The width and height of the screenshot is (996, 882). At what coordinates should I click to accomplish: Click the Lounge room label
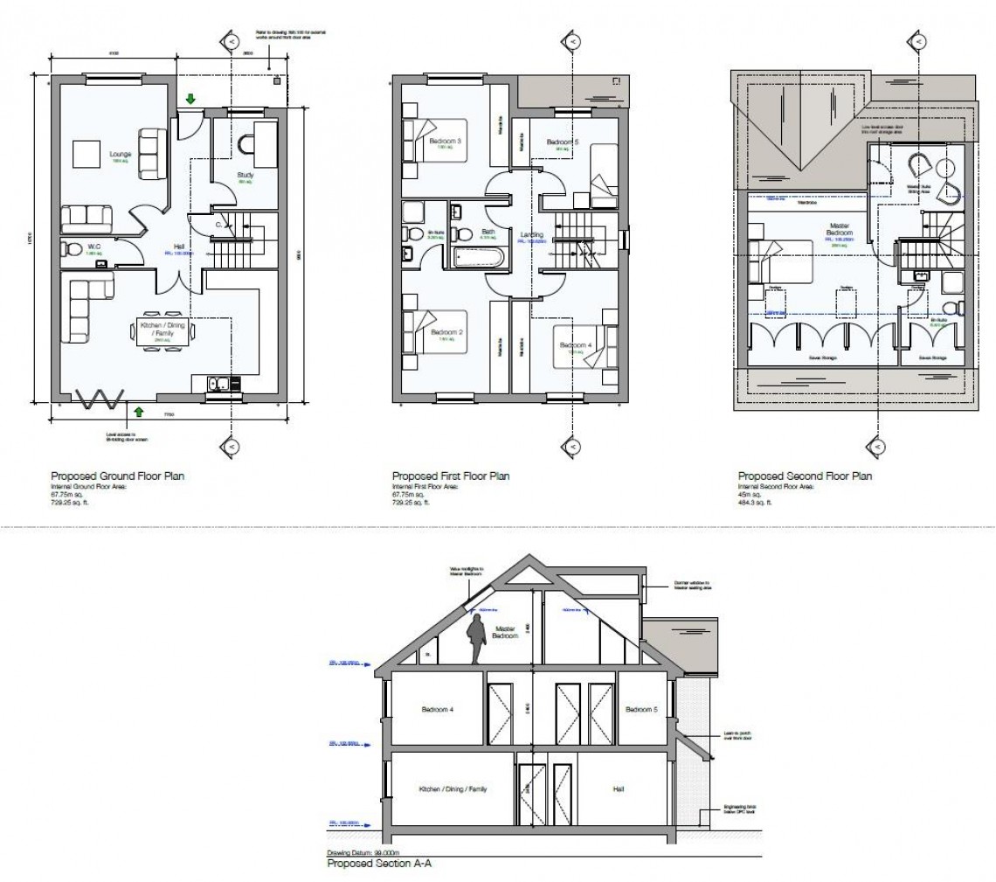pos(120,154)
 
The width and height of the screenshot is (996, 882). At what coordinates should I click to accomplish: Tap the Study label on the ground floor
pos(245,175)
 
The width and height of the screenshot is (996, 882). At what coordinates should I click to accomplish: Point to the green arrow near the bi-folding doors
pos(138,410)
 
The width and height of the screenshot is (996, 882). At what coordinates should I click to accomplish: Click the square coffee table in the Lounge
pos(89,154)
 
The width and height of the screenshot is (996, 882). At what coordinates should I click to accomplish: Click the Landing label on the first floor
pos(530,234)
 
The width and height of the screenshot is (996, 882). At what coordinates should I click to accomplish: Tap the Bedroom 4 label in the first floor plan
pos(576,345)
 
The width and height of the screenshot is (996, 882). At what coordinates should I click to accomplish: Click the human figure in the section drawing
pos(477,639)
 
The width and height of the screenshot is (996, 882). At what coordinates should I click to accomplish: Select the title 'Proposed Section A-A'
pos(379,863)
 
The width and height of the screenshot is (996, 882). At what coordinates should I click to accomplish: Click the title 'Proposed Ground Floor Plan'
pos(118,476)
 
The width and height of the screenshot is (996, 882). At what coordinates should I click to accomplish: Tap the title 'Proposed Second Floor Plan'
pos(805,476)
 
